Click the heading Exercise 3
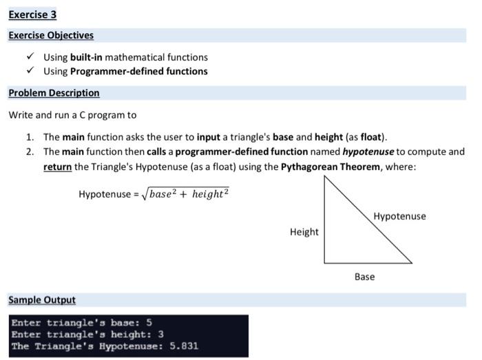[32, 14]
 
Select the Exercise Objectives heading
[51, 35]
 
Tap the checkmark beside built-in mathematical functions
[30, 56]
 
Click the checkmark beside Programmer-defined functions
[30, 70]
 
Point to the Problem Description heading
[54, 93]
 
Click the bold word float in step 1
[370, 137]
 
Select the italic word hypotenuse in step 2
[368, 151]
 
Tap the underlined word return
[57, 167]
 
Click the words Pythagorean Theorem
[331, 167]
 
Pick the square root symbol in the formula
[145, 194]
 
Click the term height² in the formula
[210, 194]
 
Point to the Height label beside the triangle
[304, 232]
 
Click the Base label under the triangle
[364, 277]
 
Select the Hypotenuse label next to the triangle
[399, 216]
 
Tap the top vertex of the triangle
[324, 176]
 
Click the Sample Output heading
[42, 300]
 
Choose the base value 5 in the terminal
[149, 323]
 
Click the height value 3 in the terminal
[160, 335]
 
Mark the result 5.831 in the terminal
[184, 346]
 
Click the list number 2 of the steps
[30, 151]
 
